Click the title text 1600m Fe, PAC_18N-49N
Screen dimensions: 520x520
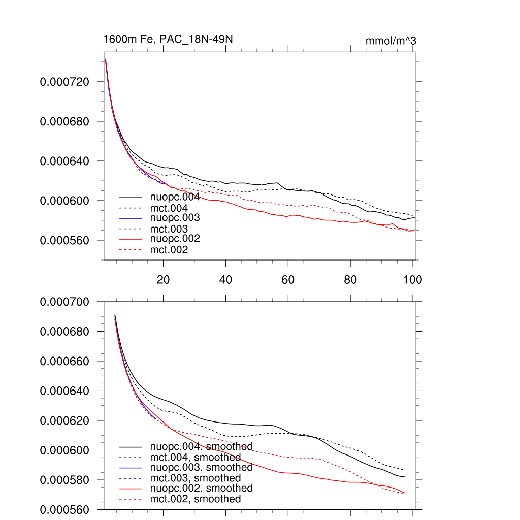pyautogui.click(x=168, y=40)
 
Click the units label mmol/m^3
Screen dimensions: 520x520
pyautogui.click(x=391, y=41)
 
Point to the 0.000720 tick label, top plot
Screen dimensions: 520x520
pyautogui.click(x=64, y=82)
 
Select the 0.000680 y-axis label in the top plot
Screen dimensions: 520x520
pyautogui.click(x=64, y=122)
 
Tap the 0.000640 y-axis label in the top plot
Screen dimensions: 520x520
pyautogui.click(x=64, y=161)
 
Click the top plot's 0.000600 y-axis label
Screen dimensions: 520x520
pyautogui.click(x=64, y=201)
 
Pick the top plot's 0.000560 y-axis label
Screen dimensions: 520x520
pyautogui.click(x=64, y=241)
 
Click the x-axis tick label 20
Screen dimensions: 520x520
pyautogui.click(x=163, y=280)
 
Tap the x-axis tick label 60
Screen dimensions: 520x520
pyautogui.click(x=288, y=280)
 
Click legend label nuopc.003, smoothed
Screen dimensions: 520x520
pyautogui.click(x=201, y=468)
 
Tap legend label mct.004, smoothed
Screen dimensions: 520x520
pyautogui.click(x=196, y=458)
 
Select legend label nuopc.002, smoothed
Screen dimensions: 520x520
pyautogui.click(x=201, y=489)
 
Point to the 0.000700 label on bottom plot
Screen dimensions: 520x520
pyautogui.click(x=64, y=302)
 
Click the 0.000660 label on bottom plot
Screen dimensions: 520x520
pyautogui.click(x=64, y=362)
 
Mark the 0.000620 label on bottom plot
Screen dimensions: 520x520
pyautogui.click(x=64, y=421)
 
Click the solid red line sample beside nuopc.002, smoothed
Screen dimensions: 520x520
pyautogui.click(x=131, y=489)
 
